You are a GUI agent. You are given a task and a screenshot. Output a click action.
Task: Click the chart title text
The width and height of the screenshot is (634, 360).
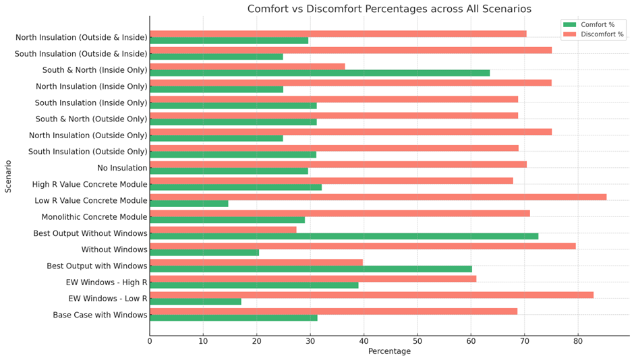click(x=389, y=9)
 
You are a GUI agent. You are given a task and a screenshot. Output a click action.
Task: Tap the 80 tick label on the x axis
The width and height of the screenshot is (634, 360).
click(x=577, y=342)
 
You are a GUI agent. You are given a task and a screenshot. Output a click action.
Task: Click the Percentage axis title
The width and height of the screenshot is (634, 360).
click(x=389, y=352)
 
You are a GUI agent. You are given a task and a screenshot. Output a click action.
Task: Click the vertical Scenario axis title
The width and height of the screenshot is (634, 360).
click(x=8, y=176)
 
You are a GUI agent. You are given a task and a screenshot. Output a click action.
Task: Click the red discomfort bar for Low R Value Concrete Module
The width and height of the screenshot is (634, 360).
click(x=378, y=197)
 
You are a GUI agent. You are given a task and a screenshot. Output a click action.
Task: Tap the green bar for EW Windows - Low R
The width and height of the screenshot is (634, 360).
click(x=196, y=301)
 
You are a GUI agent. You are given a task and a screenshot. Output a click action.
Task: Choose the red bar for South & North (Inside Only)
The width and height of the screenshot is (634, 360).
click(x=247, y=66)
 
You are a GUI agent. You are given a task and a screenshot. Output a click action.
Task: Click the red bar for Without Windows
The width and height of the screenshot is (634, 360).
click(x=362, y=246)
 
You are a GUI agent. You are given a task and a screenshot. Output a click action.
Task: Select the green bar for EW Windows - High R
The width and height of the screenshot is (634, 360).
click(x=254, y=285)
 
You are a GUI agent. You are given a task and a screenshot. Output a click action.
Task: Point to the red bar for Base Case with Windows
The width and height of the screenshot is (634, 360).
click(x=333, y=311)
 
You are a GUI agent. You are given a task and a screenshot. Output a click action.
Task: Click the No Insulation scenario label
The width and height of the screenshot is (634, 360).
click(x=122, y=168)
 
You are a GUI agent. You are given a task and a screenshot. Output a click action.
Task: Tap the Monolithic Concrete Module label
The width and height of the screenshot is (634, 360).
click(x=94, y=217)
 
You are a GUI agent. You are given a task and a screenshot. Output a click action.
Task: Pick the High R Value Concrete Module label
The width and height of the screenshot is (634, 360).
click(x=90, y=184)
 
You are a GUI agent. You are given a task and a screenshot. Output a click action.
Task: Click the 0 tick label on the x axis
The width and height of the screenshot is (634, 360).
click(x=150, y=342)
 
